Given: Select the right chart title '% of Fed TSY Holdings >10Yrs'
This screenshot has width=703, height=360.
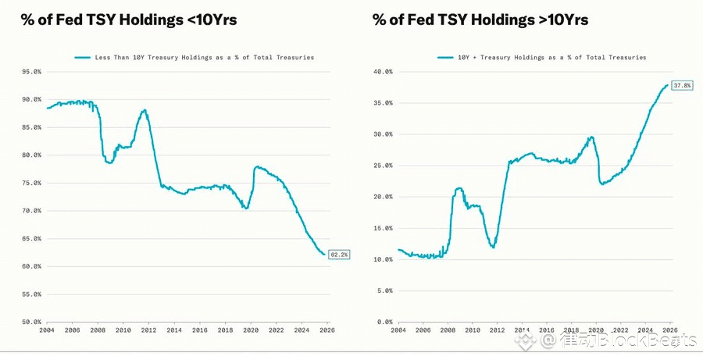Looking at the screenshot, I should point(480,20).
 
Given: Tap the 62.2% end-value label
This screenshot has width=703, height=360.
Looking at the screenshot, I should point(340,255).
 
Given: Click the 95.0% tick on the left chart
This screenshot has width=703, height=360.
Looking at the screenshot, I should point(31,72).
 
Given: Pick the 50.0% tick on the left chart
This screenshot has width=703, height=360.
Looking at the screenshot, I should point(31,322).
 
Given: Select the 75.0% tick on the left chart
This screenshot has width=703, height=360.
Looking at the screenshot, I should point(31,184).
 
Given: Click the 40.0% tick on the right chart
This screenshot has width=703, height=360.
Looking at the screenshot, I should point(382,72).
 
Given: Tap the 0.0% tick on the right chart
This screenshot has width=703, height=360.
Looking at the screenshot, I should point(384,322).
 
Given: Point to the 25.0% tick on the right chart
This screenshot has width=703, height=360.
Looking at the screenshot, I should point(382,166).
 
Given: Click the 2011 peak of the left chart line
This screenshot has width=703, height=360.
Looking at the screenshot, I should point(145,110).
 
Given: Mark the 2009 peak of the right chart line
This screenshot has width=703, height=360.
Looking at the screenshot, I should point(459,188).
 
